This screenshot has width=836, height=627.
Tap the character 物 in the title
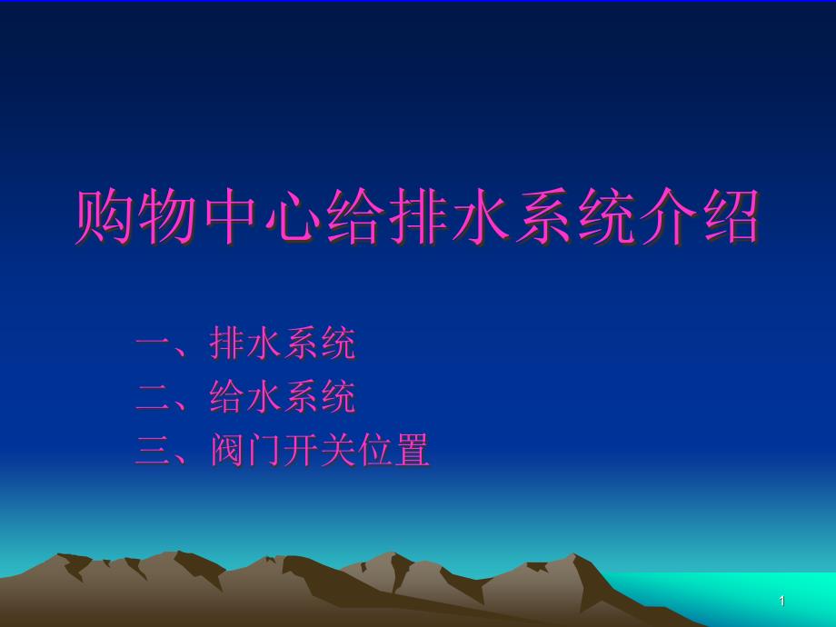point(165,216)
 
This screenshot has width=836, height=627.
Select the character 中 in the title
point(229,216)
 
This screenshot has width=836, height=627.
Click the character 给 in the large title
point(355,216)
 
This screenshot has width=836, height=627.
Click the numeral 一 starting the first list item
point(154,343)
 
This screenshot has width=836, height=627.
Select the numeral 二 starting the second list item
point(154,397)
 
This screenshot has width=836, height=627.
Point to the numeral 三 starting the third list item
point(154,451)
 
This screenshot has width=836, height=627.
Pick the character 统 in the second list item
point(338,397)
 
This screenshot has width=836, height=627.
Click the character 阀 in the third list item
point(228,450)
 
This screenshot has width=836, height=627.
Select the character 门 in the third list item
point(265,450)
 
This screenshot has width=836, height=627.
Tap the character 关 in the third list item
point(338,450)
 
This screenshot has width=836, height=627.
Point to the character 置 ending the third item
point(412,450)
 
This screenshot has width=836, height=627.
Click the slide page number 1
point(782,601)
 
